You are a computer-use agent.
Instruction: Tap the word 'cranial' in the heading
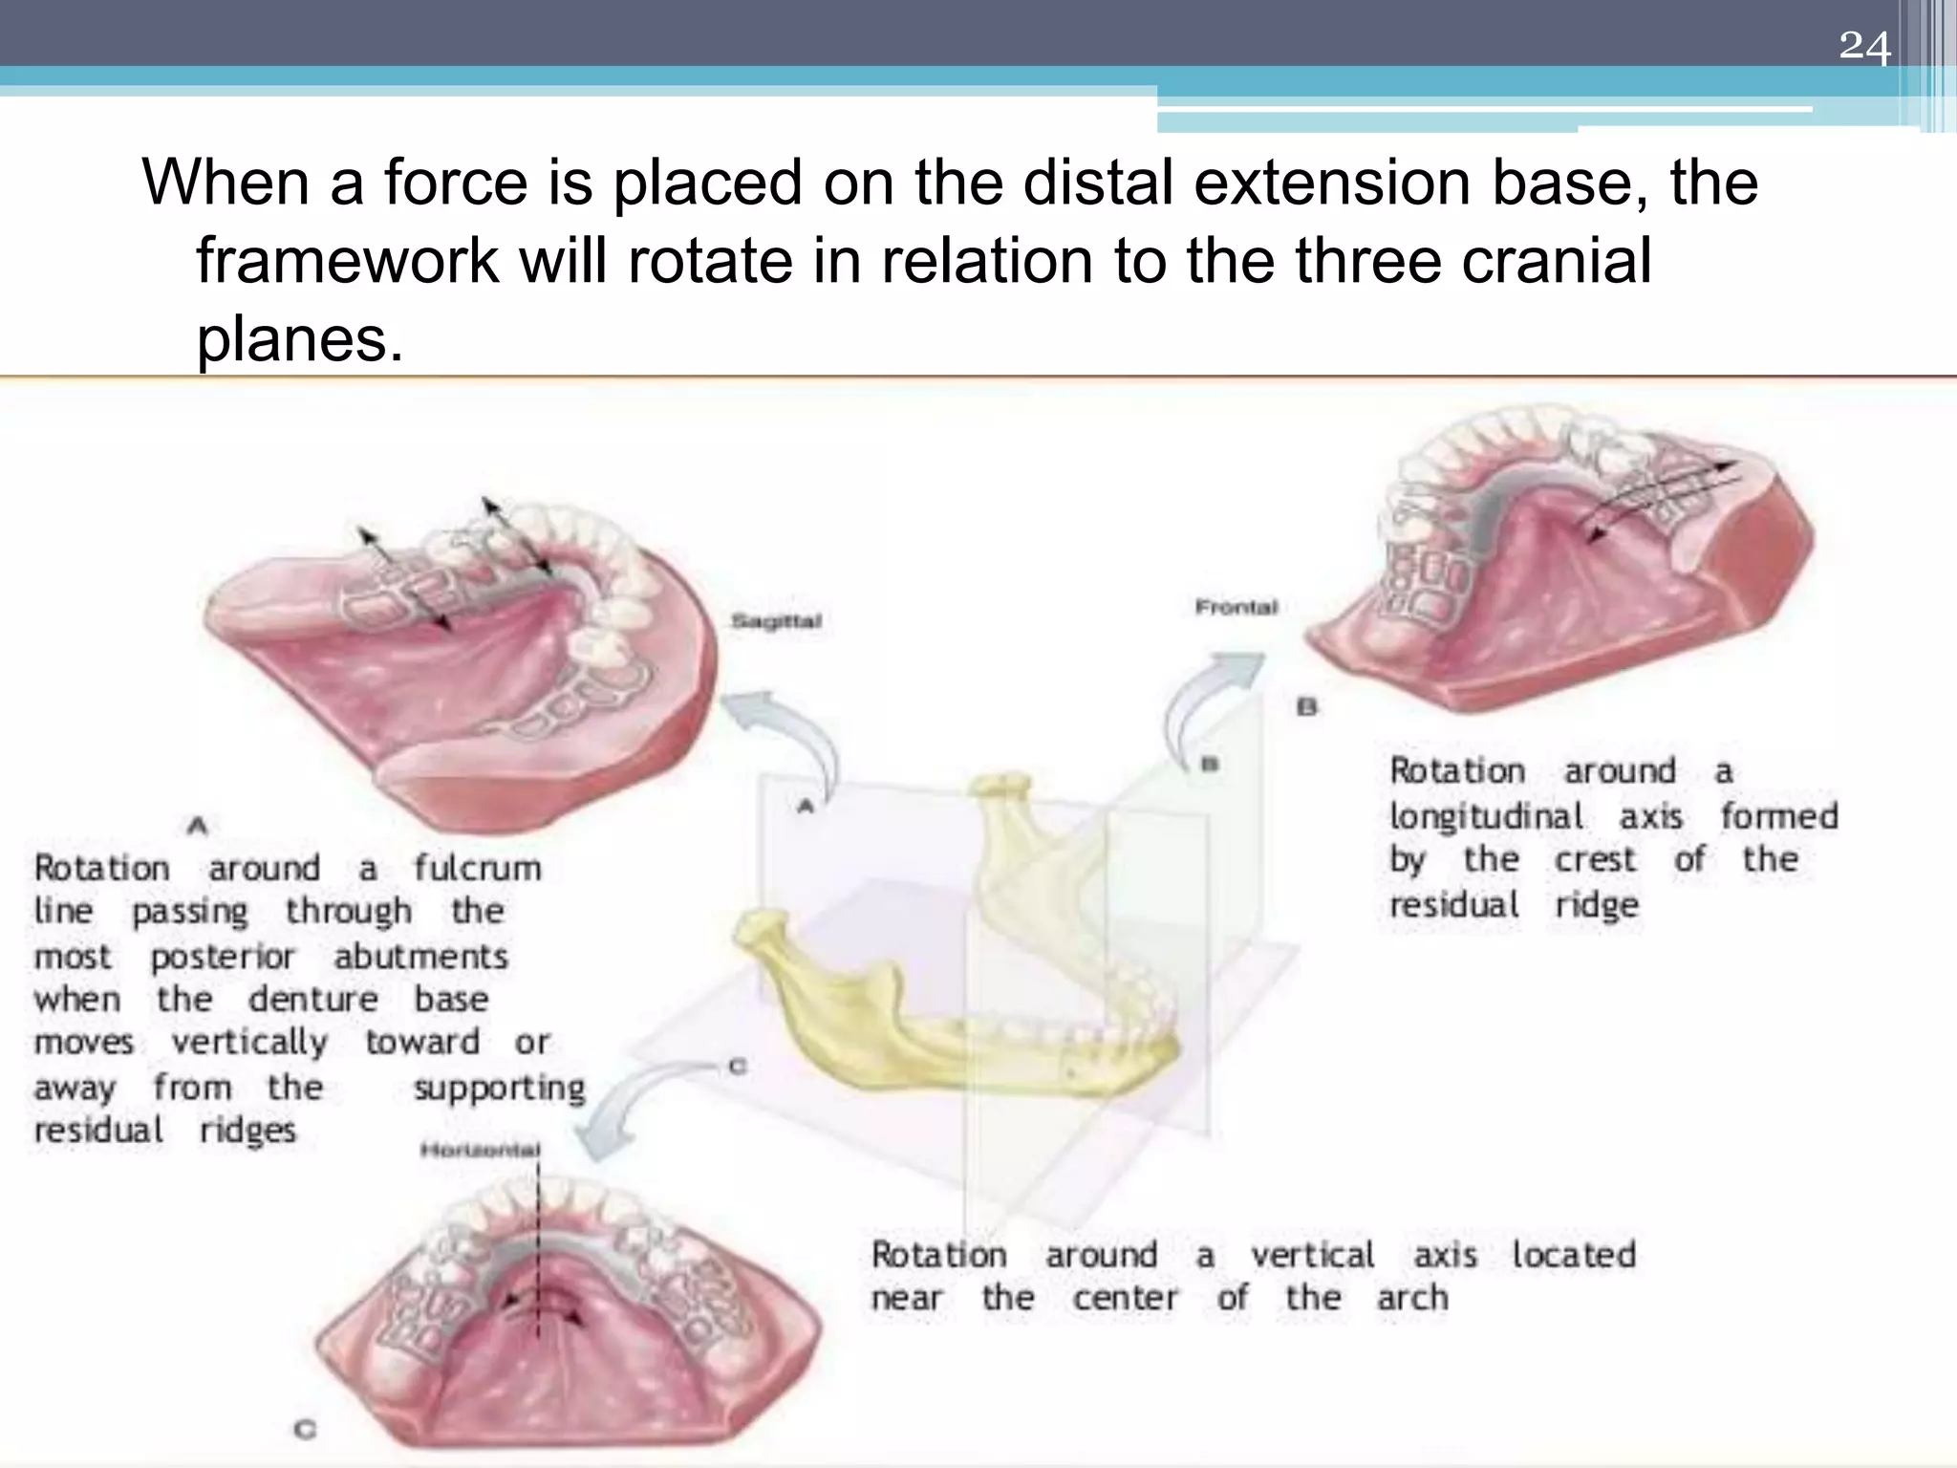(x=1557, y=260)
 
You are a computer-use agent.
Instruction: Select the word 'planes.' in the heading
(x=300, y=338)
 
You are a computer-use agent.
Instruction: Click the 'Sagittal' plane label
(x=776, y=621)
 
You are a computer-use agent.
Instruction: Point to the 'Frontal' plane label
(x=1236, y=607)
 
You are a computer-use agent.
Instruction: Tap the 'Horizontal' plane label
(x=480, y=1150)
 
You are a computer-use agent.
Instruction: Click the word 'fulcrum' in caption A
(x=477, y=868)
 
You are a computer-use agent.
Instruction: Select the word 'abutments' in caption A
(x=420, y=956)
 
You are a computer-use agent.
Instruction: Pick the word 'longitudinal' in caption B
(x=1486, y=816)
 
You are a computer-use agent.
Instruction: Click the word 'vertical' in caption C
(x=1312, y=1254)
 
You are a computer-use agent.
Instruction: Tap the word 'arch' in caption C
(x=1412, y=1298)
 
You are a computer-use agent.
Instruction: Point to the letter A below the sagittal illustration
(x=198, y=825)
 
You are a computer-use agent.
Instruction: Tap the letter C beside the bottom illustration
(x=305, y=1430)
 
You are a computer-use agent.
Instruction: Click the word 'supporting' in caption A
(x=499, y=1088)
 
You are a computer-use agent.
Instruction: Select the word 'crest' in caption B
(x=1595, y=860)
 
